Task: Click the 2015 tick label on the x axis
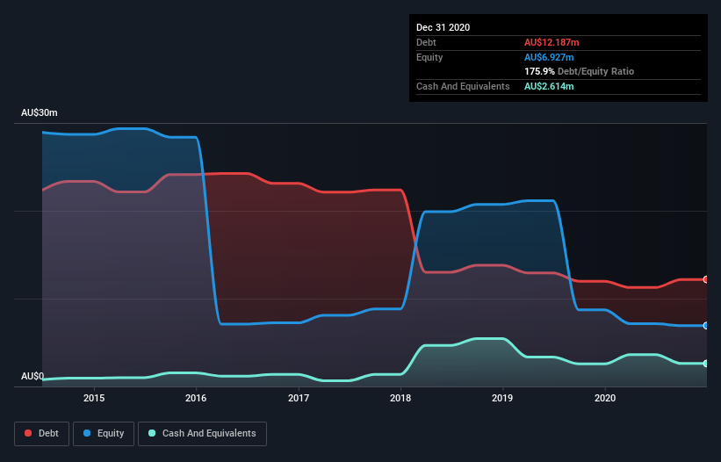(x=94, y=398)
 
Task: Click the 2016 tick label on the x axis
(x=196, y=398)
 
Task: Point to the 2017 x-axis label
(x=299, y=398)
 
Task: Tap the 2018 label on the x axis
(x=400, y=398)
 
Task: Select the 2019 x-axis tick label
(x=502, y=398)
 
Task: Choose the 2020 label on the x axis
(x=605, y=398)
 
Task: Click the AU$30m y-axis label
(x=40, y=113)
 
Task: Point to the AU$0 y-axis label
(x=32, y=377)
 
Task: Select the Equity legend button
(x=105, y=433)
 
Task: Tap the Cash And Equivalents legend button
(x=202, y=433)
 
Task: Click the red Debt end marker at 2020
(x=706, y=279)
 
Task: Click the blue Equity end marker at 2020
(x=706, y=326)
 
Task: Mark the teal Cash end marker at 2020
(x=706, y=364)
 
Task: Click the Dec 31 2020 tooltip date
(x=443, y=27)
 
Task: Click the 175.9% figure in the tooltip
(x=538, y=71)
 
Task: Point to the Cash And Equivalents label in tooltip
(x=463, y=86)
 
